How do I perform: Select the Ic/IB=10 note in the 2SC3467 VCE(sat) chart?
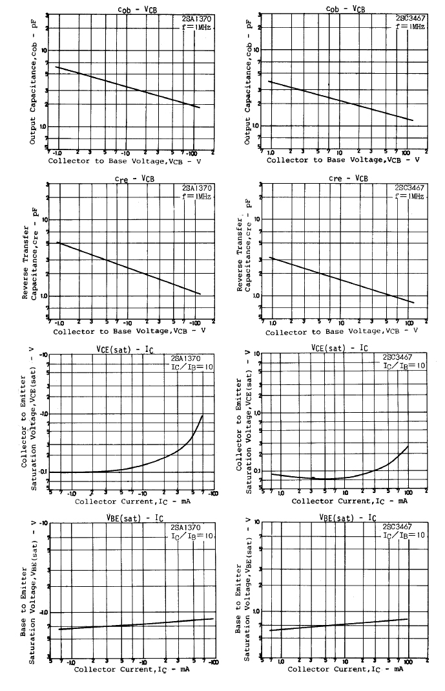click(x=404, y=366)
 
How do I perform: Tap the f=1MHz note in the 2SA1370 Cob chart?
click(x=197, y=28)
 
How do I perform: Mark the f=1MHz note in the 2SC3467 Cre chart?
click(x=410, y=196)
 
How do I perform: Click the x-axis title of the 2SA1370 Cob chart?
click(x=126, y=160)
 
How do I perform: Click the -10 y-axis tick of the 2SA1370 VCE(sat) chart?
click(x=44, y=355)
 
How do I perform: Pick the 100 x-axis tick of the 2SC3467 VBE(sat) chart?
click(x=408, y=661)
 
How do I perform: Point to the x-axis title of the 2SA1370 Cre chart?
click(x=129, y=331)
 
